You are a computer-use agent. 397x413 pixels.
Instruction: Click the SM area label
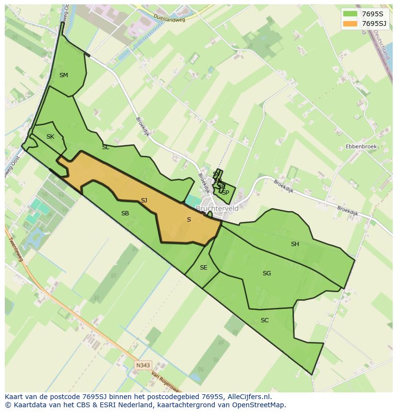point(64,75)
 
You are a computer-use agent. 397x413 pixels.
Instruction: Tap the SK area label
point(50,137)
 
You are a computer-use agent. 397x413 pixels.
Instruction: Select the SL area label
point(105,148)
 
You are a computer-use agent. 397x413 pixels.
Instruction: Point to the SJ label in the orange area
point(144,201)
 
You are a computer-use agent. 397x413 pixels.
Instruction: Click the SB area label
point(125,213)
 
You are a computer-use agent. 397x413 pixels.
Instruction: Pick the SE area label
point(203,268)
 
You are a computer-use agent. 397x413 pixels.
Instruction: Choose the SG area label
point(267,273)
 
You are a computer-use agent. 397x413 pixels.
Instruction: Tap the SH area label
point(295,244)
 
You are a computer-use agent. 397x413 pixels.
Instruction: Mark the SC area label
point(265,320)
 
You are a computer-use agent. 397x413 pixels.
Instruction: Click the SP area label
point(225,193)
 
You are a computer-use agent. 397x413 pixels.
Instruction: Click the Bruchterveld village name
point(217,209)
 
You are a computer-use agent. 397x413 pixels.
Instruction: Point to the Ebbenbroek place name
point(361,147)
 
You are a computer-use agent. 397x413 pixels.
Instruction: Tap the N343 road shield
point(143,366)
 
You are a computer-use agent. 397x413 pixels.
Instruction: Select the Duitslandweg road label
point(169,18)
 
